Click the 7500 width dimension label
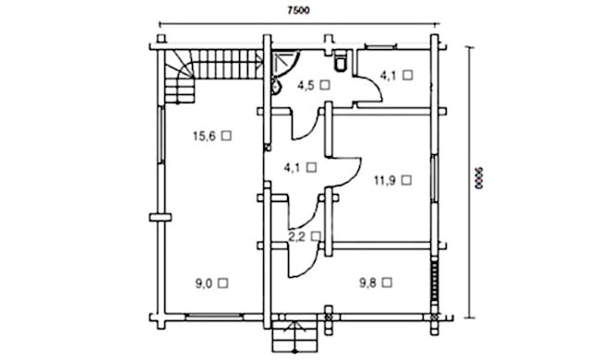click(298, 10)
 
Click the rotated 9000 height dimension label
click(479, 178)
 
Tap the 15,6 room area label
click(204, 136)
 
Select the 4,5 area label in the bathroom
click(306, 85)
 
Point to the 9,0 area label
click(204, 283)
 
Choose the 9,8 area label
click(367, 282)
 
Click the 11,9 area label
click(385, 180)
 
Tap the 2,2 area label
click(296, 237)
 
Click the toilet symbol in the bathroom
click(341, 62)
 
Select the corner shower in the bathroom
click(284, 64)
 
